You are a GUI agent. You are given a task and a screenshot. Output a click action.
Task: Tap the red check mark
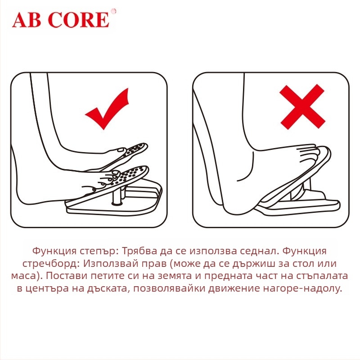click(108, 109)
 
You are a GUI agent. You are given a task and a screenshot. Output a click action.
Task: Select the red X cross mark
click(302, 107)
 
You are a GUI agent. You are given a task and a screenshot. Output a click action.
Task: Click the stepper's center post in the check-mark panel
click(118, 196)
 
